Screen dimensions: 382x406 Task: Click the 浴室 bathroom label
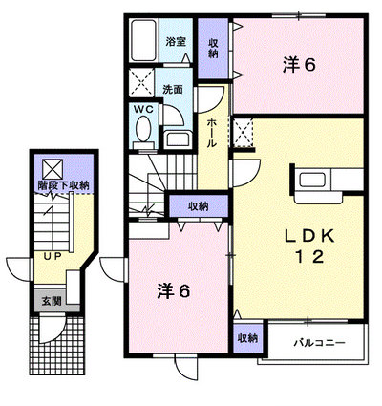pos(176,42)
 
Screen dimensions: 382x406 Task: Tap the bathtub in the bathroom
pos(144,40)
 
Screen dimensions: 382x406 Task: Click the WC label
pos(143,109)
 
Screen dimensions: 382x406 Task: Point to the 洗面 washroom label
pos(173,90)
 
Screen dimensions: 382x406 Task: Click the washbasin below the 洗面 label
pos(178,139)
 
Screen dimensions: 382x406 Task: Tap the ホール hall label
pos(212,133)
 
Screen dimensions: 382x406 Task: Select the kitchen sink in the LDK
pos(312,180)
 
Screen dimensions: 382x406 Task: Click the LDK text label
pos(309,236)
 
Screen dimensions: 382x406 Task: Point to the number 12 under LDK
pos(310,257)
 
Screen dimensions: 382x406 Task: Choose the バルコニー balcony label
pos(319,343)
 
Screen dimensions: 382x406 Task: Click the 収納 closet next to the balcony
pos(248,338)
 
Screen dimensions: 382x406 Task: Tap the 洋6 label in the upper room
pos(299,65)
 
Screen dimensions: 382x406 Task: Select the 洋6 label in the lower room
pos(174,291)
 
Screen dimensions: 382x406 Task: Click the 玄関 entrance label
pos(52,301)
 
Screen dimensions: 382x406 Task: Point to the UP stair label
pos(53,256)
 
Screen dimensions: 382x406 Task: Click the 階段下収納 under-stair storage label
pos(63,185)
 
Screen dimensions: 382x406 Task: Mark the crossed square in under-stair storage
pos(53,168)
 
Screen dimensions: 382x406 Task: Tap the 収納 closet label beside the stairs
pos(199,206)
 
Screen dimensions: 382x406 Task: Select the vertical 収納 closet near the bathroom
pos(213,49)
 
